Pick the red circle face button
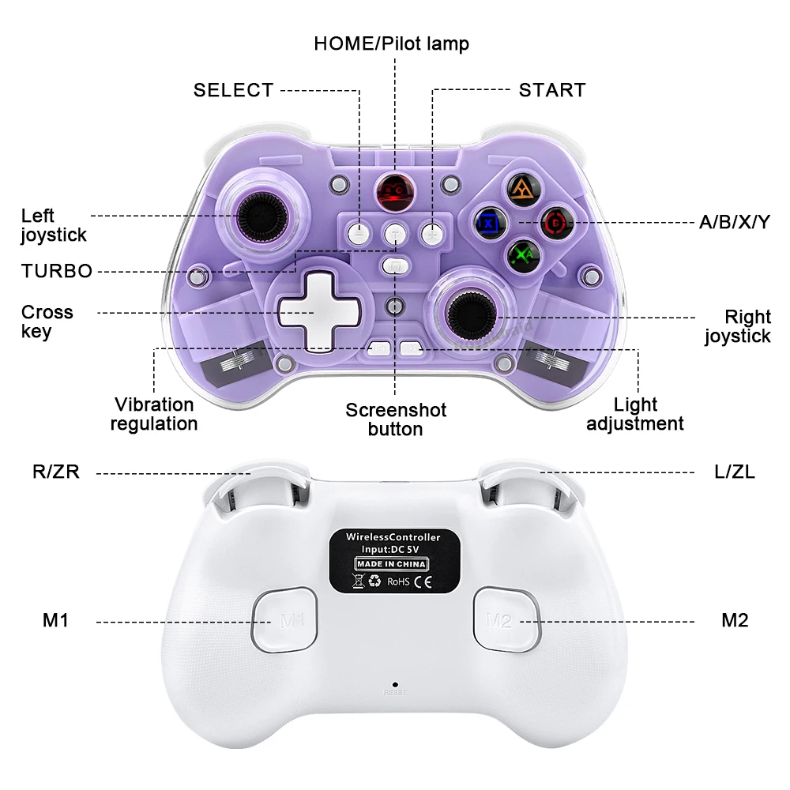pyautogui.click(x=556, y=222)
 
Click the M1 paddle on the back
pyautogui.click(x=284, y=619)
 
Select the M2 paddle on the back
pyautogui.click(x=506, y=619)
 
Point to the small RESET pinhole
pyautogui.click(x=394, y=684)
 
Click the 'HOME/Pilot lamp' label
pyautogui.click(x=391, y=43)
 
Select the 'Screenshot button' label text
pyautogui.click(x=396, y=419)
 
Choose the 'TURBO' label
pyautogui.click(x=57, y=271)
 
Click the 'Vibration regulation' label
pyautogui.click(x=154, y=414)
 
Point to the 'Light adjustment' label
pyautogui.click(x=635, y=414)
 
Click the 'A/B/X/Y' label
pyautogui.click(x=734, y=222)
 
